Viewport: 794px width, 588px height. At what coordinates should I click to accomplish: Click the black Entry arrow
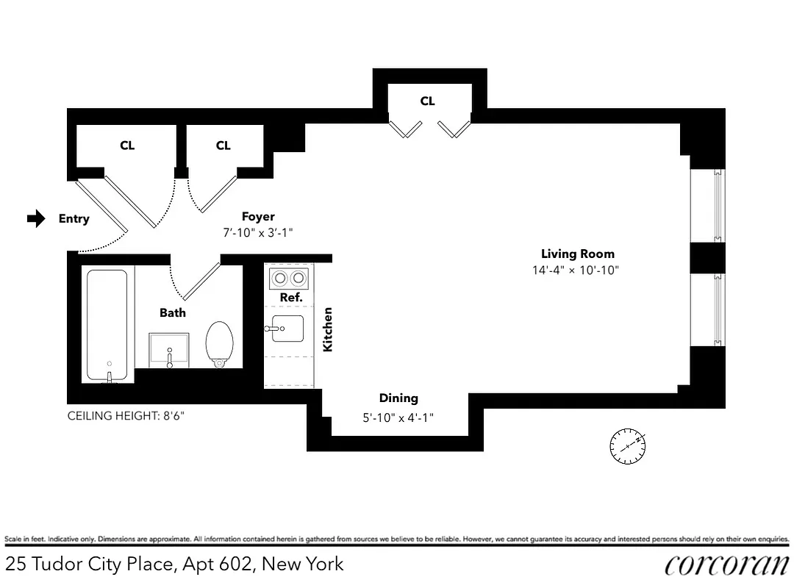click(x=36, y=218)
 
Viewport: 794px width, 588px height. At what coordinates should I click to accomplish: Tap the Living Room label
click(x=577, y=254)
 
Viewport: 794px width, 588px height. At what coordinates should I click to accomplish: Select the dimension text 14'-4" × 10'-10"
click(x=576, y=270)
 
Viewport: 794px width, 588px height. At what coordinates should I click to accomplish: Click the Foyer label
click(x=258, y=217)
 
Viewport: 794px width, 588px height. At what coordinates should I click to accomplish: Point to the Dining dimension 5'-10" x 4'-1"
click(x=398, y=417)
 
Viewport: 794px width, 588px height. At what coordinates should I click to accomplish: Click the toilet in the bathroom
click(x=220, y=344)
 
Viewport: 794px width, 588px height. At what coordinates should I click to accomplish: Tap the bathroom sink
click(x=169, y=350)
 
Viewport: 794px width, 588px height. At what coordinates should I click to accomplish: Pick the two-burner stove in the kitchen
click(x=288, y=279)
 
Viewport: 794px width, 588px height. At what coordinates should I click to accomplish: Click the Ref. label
click(x=291, y=298)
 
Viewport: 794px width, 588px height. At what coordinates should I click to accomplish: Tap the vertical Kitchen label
click(x=328, y=329)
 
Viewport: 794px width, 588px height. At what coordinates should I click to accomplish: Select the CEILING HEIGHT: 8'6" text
click(x=126, y=416)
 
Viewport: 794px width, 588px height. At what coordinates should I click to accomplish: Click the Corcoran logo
click(x=726, y=564)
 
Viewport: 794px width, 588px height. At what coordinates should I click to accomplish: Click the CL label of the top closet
click(x=427, y=101)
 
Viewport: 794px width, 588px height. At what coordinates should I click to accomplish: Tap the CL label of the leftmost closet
click(x=127, y=146)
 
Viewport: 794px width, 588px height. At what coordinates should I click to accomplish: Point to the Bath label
click(x=173, y=312)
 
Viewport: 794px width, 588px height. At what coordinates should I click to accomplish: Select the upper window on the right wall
click(x=718, y=205)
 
